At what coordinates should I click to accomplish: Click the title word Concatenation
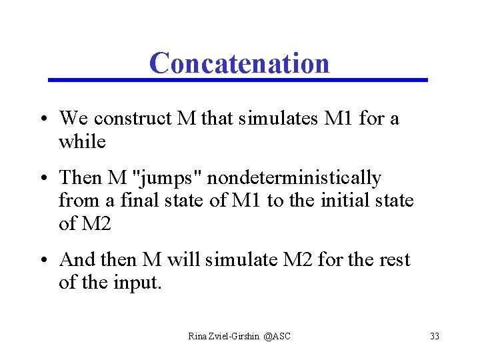point(239,63)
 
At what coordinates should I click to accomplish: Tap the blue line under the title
point(238,80)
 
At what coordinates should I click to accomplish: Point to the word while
point(82,141)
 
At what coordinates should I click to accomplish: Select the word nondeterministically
point(293,178)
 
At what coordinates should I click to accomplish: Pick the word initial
point(330,200)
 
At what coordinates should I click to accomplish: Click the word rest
point(393,259)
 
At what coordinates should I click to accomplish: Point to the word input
point(138,282)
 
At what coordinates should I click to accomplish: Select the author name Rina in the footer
point(198,336)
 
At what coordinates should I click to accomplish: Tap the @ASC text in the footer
point(277,336)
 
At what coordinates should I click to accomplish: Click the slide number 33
point(435,336)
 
